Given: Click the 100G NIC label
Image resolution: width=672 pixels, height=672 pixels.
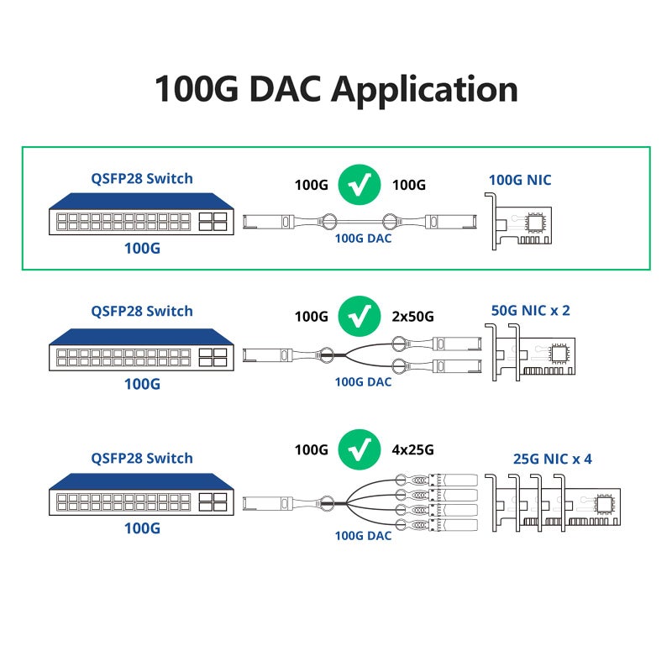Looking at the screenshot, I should [x=520, y=179].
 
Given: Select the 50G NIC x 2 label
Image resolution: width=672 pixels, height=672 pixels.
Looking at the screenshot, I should [x=530, y=310].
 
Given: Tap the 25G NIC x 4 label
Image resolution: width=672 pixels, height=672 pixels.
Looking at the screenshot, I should [x=552, y=459].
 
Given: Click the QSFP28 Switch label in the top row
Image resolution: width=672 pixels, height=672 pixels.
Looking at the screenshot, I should [x=142, y=178].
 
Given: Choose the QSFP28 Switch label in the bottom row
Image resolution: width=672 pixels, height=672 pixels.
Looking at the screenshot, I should [x=142, y=458].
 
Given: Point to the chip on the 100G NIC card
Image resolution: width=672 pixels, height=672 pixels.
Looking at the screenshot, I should [x=535, y=223].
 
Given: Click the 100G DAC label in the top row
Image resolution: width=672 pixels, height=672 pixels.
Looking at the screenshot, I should [x=363, y=239].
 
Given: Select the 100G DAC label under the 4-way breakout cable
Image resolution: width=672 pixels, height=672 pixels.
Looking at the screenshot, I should [x=363, y=535].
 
